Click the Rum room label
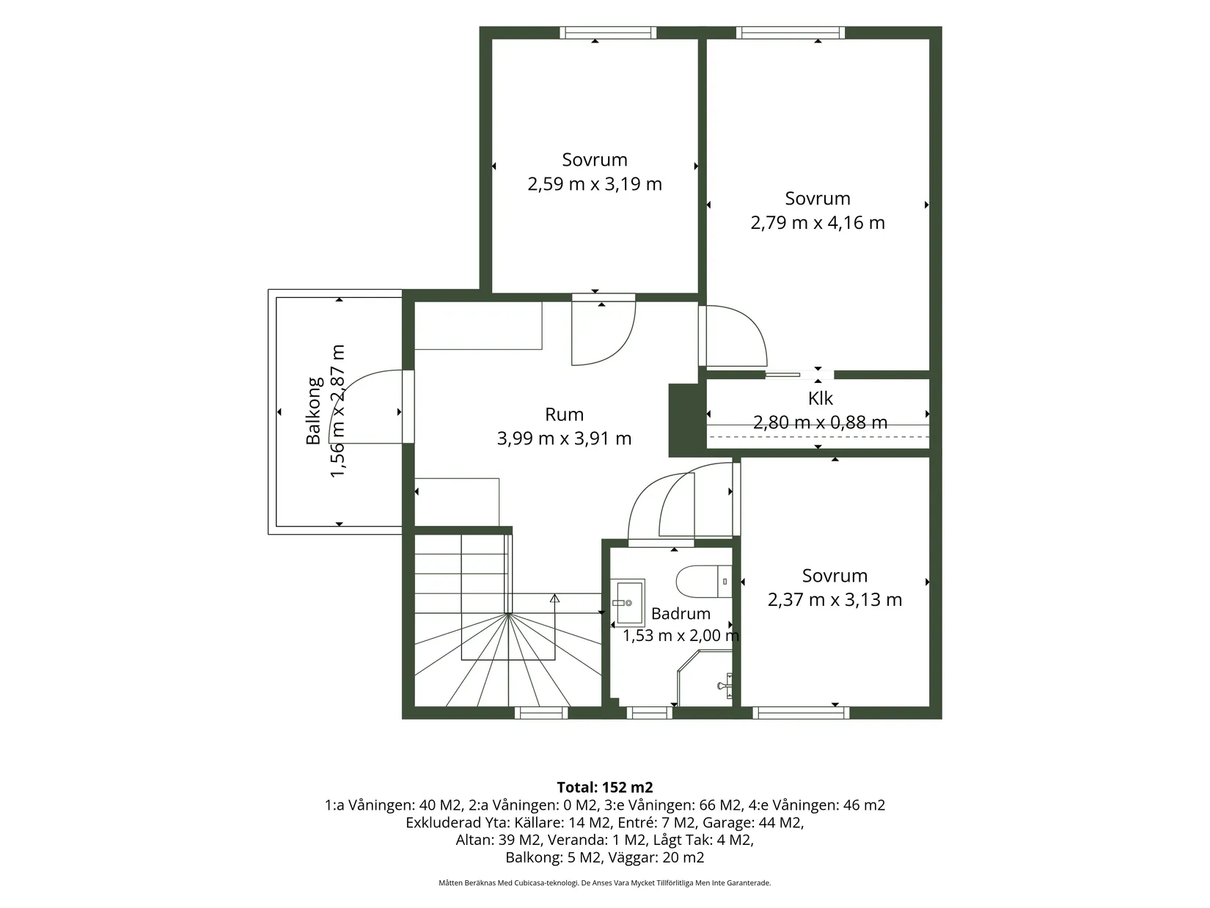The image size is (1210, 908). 563,414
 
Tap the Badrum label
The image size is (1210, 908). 681,614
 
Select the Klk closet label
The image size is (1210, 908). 820,398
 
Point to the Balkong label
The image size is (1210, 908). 314,411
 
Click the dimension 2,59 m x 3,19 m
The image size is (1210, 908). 594,183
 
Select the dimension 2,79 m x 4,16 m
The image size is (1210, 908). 818,222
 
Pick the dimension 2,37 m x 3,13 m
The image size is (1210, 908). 835,599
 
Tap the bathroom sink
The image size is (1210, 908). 627,602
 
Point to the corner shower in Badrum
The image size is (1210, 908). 705,678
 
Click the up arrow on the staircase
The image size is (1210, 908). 554,598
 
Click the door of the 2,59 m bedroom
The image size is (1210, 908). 604,330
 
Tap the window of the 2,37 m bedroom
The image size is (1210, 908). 801,713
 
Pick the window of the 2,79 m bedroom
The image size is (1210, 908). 790,32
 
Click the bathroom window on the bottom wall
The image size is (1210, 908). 650,713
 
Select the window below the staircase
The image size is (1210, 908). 541,713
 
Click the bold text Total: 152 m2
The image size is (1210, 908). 605,787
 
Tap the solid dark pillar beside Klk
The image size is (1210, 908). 687,421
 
